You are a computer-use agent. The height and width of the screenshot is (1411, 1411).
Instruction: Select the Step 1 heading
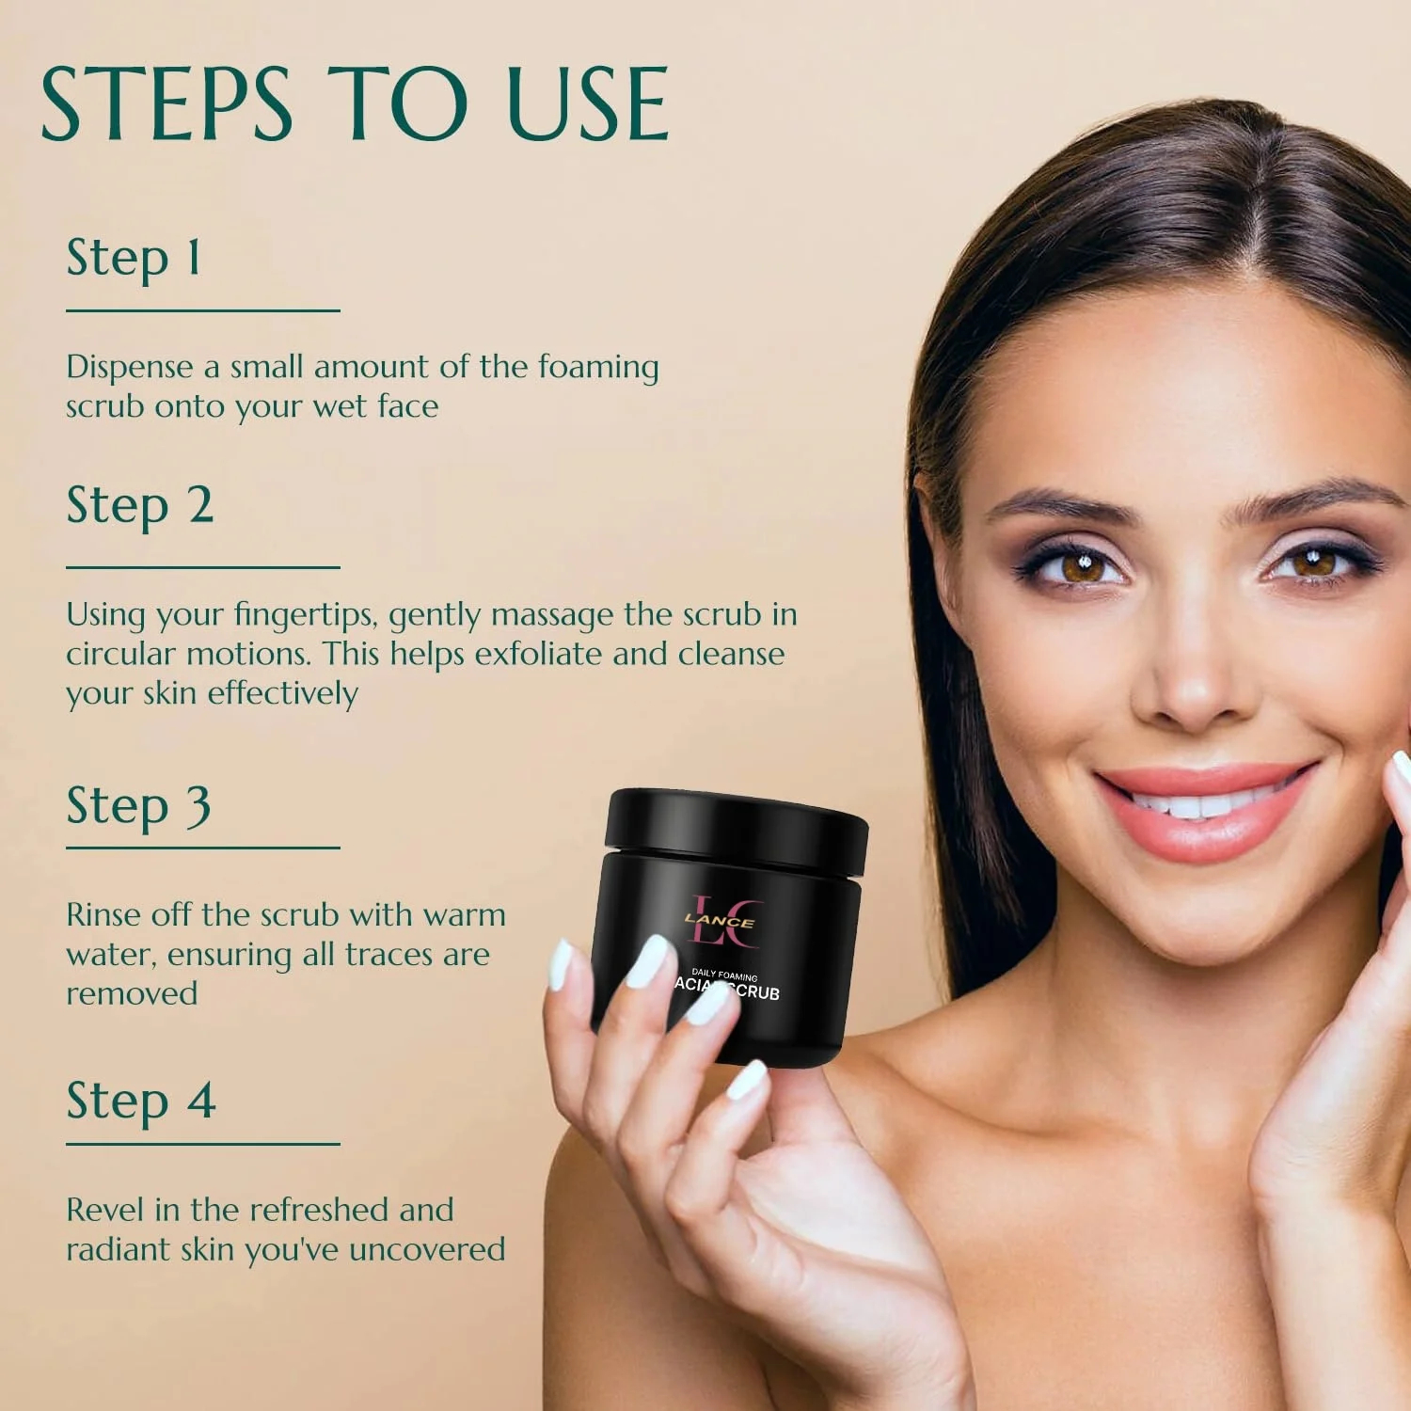pos(134,258)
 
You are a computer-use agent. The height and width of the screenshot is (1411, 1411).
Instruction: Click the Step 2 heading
pos(140,506)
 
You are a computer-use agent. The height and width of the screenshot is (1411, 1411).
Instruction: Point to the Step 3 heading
pos(138,806)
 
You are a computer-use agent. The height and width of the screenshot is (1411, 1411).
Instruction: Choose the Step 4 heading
pos(141,1102)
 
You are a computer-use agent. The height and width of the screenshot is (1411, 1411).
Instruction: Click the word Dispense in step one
pos(129,368)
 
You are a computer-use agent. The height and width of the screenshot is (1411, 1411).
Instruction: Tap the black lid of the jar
pos(737,828)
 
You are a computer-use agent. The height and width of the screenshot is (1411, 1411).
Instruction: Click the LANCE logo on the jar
pos(720,921)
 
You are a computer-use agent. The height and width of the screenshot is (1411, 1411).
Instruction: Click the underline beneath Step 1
pos(202,310)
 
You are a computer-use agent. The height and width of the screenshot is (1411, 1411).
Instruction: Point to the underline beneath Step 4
pos(202,1144)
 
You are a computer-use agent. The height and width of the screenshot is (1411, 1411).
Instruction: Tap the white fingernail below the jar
pos(747,1079)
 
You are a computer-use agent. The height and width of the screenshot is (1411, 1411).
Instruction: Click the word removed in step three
pos(132,993)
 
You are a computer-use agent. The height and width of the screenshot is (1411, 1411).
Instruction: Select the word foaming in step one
pos(598,368)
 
